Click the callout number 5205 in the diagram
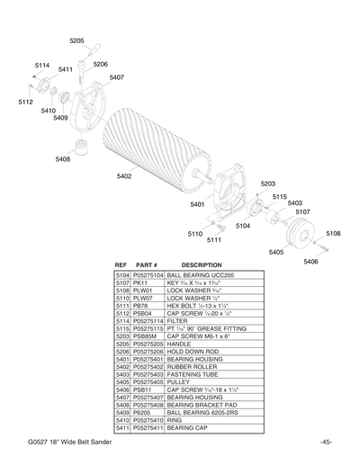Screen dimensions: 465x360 [x=76, y=40]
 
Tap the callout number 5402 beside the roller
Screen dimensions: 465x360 [x=124, y=175]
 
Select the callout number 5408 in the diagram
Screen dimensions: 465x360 [x=62, y=159]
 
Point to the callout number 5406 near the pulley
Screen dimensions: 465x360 [x=310, y=261]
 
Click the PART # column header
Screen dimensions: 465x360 [x=146, y=265]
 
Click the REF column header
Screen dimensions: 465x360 [x=121, y=265]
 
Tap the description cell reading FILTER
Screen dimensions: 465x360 [x=177, y=321]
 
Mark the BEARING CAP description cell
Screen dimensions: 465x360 [x=191, y=428]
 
